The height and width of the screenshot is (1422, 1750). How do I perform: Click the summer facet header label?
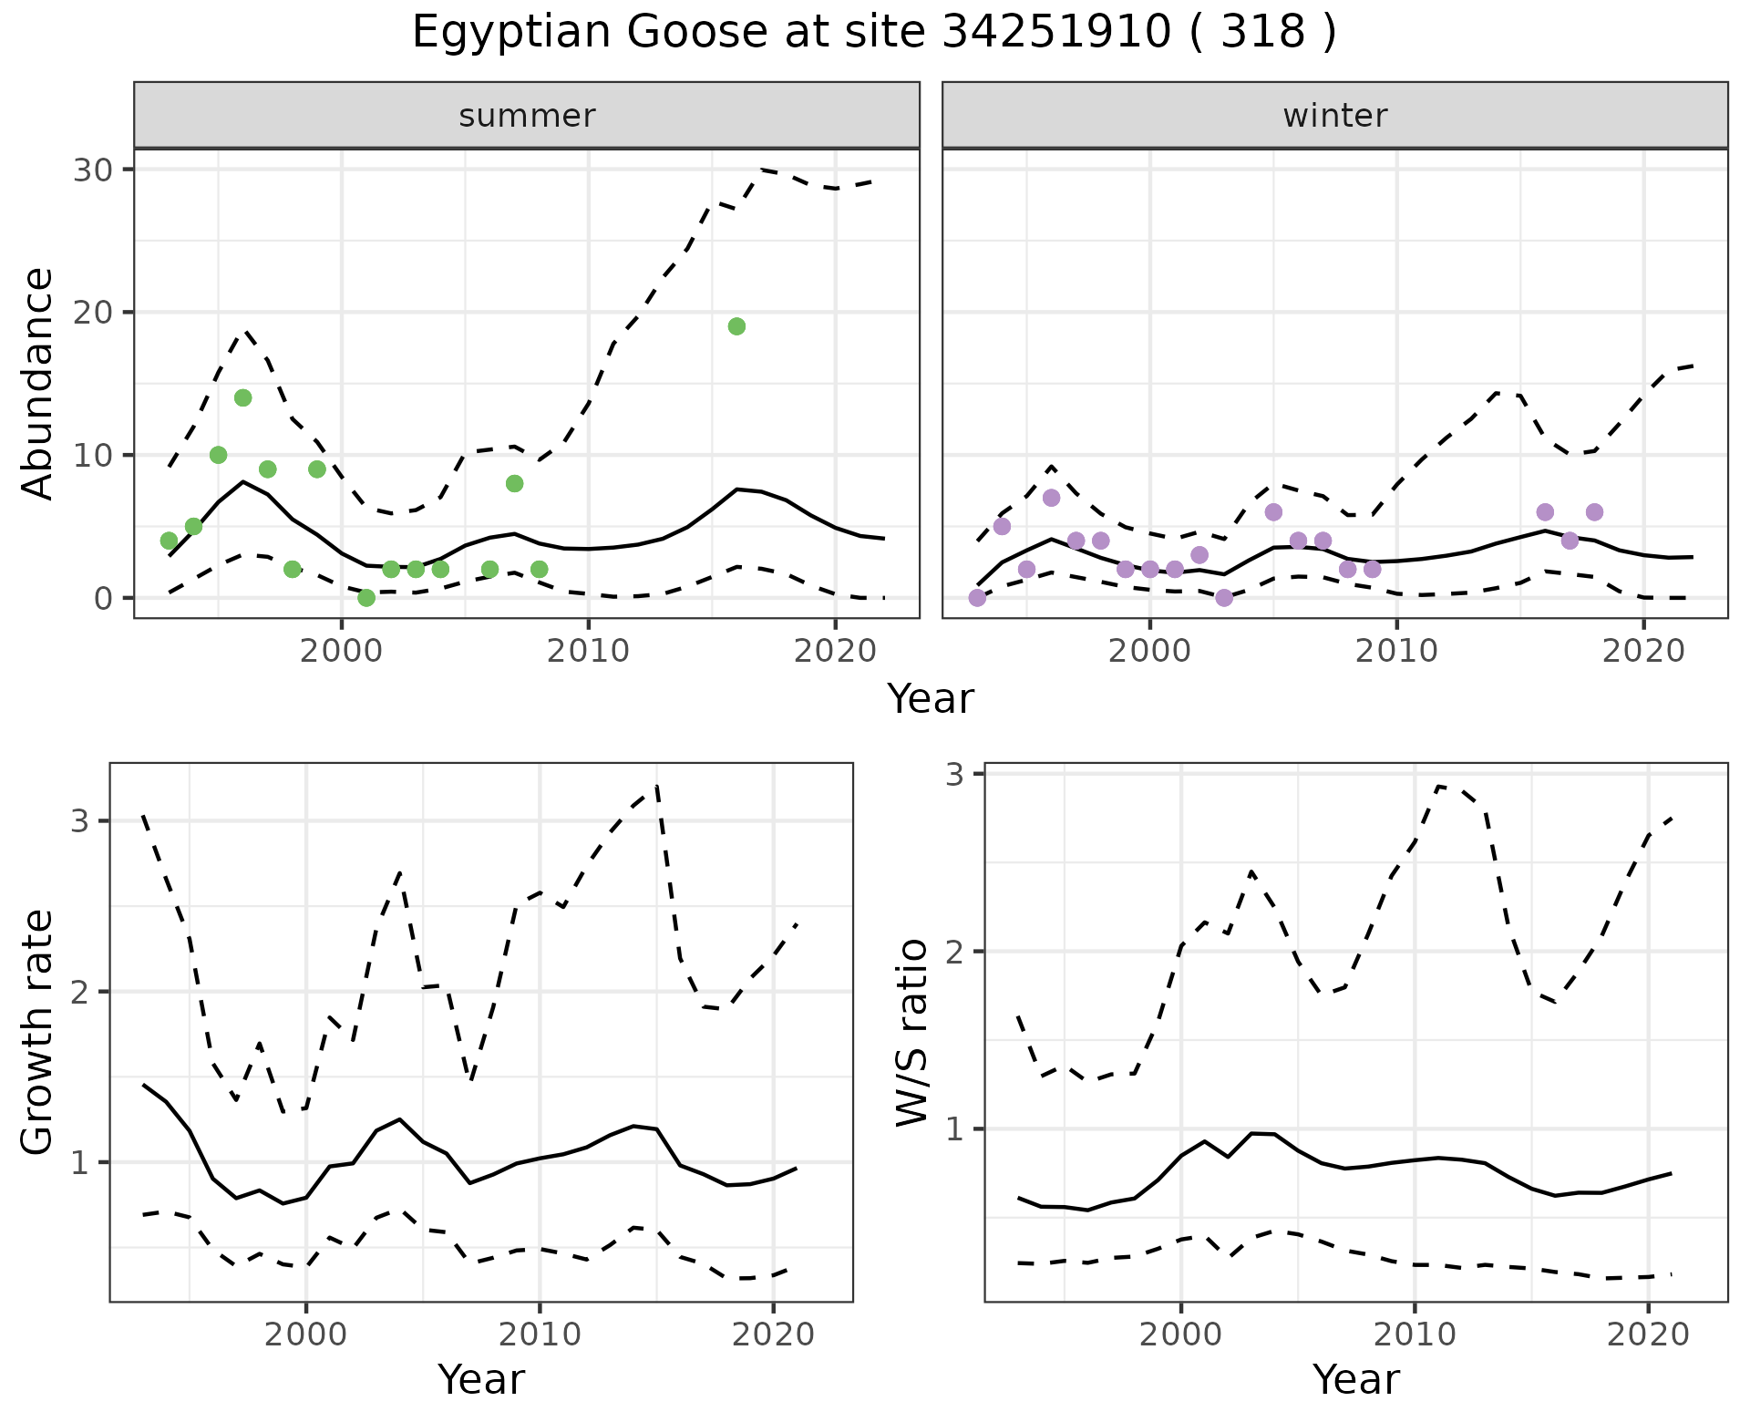point(527,116)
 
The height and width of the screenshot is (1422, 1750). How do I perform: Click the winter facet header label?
point(1334,116)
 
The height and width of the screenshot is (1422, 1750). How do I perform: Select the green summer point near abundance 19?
point(737,326)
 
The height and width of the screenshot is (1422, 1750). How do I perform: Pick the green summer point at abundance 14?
point(242,397)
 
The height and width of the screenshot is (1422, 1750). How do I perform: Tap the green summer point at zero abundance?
point(366,598)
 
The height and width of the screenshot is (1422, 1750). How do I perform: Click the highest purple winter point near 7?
point(1051,498)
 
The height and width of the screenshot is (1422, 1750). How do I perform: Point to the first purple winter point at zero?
point(977,598)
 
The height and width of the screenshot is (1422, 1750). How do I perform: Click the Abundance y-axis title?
point(37,383)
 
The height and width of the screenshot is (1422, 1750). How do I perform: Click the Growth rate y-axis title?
point(37,1032)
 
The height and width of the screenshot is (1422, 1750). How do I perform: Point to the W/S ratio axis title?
point(911,1032)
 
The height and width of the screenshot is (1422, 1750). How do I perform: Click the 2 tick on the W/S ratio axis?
point(953,952)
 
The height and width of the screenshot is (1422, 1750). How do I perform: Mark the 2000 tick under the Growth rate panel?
point(306,1335)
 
